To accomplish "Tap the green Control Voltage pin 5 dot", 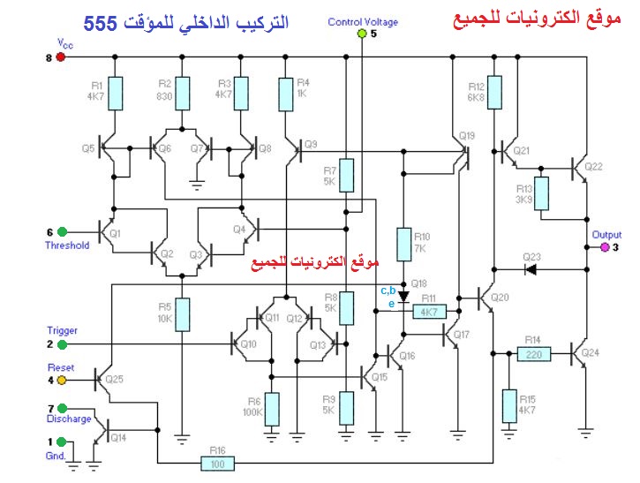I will point(361,34).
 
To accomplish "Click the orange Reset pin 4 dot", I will point(60,381).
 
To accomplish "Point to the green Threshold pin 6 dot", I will point(61,233).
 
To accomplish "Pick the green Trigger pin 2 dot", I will point(60,343).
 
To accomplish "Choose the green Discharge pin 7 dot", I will point(60,407).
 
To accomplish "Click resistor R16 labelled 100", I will point(218,463).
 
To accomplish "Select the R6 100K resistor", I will point(272,408).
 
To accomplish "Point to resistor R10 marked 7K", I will point(403,243).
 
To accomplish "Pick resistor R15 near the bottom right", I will point(509,404).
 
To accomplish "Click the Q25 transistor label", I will point(115,379).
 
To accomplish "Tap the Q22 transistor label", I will point(593,166).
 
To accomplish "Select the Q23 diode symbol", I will point(531,268).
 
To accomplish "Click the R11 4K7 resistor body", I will point(429,312).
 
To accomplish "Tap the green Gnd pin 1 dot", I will point(60,441).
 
